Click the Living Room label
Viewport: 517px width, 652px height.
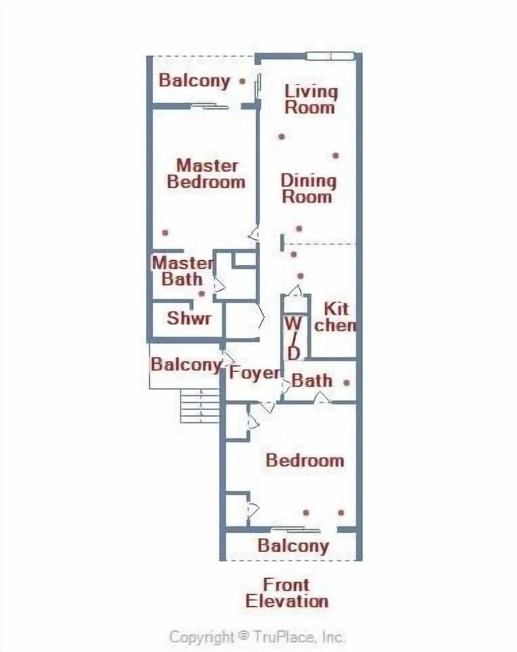click(x=310, y=99)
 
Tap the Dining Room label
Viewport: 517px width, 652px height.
click(x=308, y=188)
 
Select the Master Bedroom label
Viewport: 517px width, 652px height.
click(x=206, y=174)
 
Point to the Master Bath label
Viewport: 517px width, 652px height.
click(x=183, y=271)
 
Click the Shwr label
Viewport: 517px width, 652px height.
click(x=189, y=318)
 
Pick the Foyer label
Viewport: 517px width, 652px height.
click(x=255, y=373)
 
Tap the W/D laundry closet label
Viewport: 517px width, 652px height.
click(x=293, y=338)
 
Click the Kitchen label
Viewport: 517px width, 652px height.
click(x=335, y=317)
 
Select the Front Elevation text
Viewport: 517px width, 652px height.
click(x=287, y=593)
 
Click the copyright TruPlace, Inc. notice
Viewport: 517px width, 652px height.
click(x=257, y=636)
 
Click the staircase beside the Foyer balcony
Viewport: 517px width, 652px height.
click(x=199, y=406)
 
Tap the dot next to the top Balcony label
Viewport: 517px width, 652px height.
click(x=242, y=81)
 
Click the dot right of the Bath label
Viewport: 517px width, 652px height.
click(x=346, y=383)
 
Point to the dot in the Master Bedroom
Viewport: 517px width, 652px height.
click(x=165, y=233)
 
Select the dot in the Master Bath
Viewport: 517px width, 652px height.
click(x=201, y=293)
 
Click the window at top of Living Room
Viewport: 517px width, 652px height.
click(x=331, y=56)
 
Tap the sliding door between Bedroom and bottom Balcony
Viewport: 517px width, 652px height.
click(x=295, y=529)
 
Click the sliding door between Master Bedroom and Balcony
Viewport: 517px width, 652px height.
click(x=210, y=107)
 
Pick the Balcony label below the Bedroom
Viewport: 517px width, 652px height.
click(x=293, y=546)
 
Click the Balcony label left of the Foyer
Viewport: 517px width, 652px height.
click(x=186, y=364)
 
